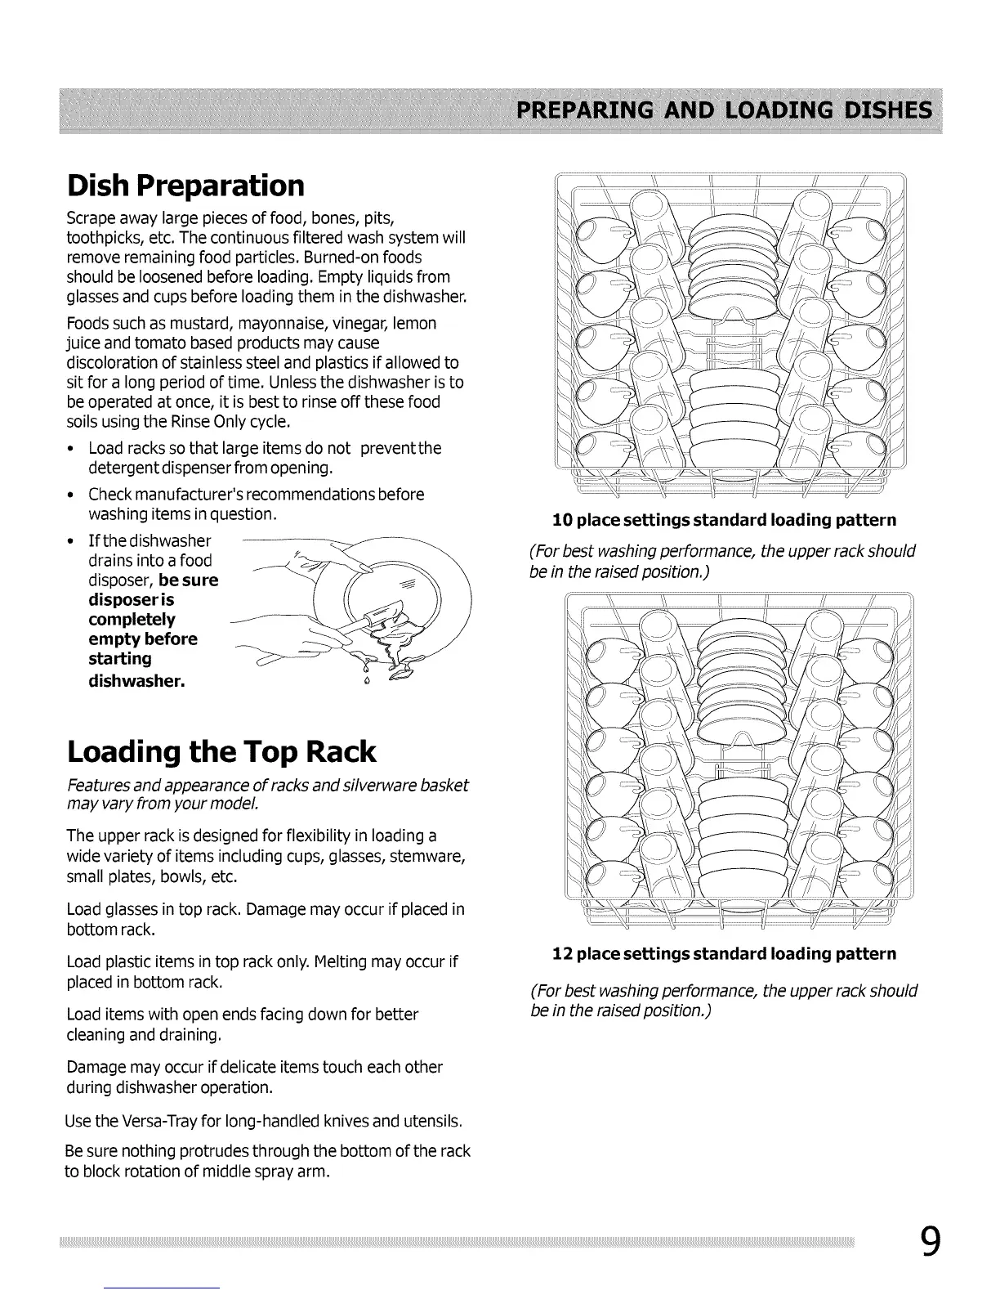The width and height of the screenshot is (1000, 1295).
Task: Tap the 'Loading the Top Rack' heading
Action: coord(221,751)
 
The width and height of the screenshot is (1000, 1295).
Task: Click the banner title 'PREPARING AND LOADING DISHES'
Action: coord(723,110)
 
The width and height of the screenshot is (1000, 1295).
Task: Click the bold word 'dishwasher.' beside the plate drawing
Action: coord(136,679)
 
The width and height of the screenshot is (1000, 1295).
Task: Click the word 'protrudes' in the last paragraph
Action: coord(219,1152)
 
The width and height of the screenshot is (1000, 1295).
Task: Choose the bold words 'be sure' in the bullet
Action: coord(189,580)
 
